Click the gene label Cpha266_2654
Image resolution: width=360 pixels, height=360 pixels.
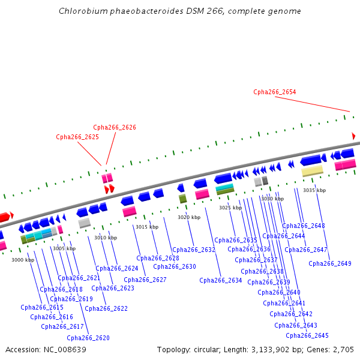click(x=274, y=92)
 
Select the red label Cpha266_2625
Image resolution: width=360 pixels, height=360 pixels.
click(x=77, y=137)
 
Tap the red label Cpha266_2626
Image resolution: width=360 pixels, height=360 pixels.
click(x=114, y=127)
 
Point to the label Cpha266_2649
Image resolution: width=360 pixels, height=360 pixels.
click(x=329, y=263)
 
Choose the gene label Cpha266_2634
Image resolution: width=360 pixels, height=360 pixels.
click(x=220, y=280)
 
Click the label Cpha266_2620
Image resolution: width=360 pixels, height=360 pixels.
click(x=88, y=338)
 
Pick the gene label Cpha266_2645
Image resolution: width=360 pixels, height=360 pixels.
click(x=307, y=335)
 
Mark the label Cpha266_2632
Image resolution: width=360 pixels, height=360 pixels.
click(x=193, y=250)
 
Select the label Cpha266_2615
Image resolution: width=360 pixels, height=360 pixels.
click(x=41, y=307)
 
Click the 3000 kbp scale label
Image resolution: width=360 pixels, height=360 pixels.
click(x=23, y=260)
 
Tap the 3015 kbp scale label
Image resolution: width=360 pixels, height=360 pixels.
click(x=146, y=227)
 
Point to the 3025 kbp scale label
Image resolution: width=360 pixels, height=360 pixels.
click(x=230, y=208)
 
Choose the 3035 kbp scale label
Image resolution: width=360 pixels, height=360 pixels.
click(x=314, y=190)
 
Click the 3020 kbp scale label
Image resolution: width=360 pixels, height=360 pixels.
click(x=189, y=217)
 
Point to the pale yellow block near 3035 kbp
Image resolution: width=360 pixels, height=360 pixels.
click(x=312, y=171)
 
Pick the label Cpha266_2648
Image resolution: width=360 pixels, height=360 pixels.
click(x=303, y=226)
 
